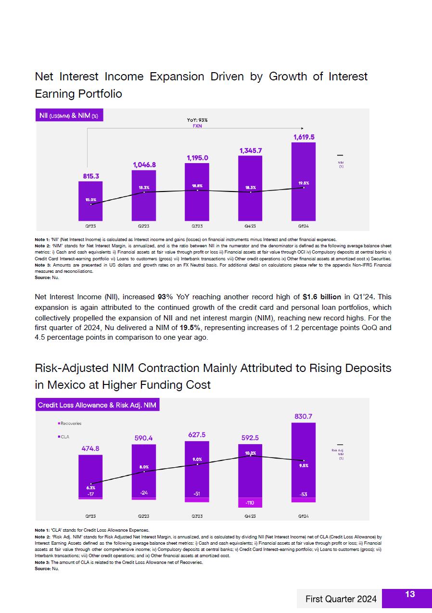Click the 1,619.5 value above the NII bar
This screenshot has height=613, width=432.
click(x=304, y=137)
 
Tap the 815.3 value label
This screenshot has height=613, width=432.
click(x=90, y=176)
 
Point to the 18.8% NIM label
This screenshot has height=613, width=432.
click(x=197, y=185)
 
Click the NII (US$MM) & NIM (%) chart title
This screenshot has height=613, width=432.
click(x=69, y=115)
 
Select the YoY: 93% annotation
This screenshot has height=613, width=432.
click(x=197, y=120)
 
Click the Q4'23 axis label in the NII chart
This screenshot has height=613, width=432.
click(x=250, y=225)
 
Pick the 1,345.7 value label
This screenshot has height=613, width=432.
click(x=250, y=151)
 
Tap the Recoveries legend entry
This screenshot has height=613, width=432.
click(x=70, y=423)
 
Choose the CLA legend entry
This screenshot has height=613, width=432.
click(x=64, y=437)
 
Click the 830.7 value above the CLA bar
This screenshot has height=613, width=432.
click(x=304, y=416)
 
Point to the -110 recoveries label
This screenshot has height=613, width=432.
click(x=250, y=503)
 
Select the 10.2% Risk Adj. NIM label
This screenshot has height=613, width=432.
click(x=250, y=453)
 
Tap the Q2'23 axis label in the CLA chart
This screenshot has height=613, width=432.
click(x=143, y=516)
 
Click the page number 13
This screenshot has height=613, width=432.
click(x=410, y=595)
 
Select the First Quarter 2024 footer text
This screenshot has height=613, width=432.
click(x=341, y=599)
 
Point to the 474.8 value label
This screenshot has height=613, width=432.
click(x=90, y=448)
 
